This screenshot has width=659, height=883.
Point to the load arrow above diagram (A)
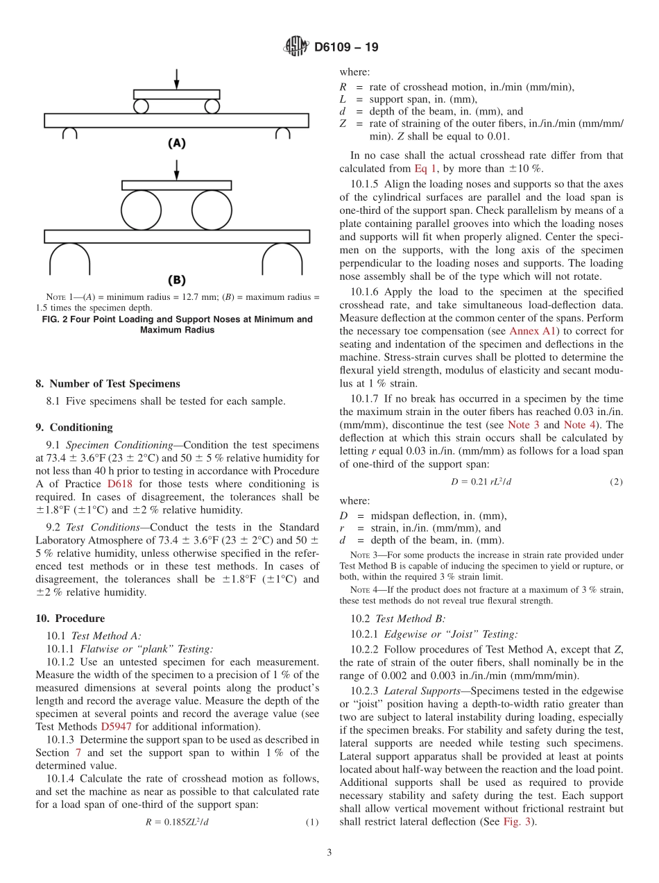point(177,78)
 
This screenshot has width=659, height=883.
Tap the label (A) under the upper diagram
point(177,143)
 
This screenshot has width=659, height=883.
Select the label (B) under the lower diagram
point(177,280)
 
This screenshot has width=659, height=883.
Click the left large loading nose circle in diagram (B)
point(142,210)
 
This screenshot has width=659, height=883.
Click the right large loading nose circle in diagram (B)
point(212,210)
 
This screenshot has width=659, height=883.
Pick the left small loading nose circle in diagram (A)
point(142,106)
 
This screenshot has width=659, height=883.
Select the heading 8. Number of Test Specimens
point(108,383)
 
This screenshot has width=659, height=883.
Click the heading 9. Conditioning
point(74,428)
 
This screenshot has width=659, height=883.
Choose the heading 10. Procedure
point(70,619)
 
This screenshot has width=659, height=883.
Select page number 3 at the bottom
point(329,852)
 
